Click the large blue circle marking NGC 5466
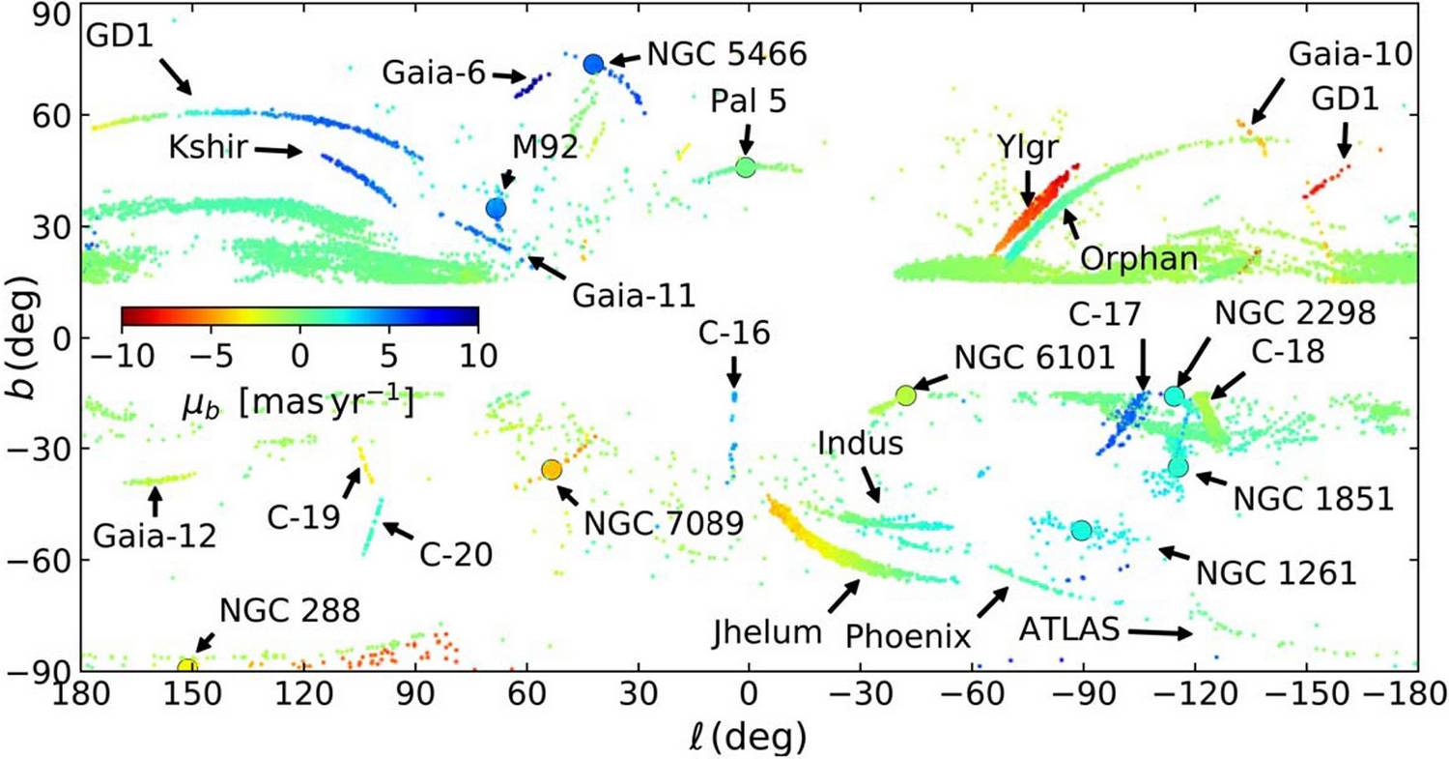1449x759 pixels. [593, 63]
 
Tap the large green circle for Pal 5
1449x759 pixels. [745, 167]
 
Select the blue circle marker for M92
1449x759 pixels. [496, 208]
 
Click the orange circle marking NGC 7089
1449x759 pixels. [551, 469]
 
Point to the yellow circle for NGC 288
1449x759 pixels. [187, 666]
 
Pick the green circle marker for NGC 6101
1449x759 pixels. [905, 394]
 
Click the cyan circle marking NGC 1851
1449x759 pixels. [1178, 467]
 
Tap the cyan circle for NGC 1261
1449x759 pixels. [1081, 530]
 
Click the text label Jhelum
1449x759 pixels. [766, 633]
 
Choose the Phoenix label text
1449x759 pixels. [909, 637]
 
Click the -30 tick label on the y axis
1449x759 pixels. [47, 449]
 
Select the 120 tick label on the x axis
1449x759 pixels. [301, 694]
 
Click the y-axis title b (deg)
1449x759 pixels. [23, 336]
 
